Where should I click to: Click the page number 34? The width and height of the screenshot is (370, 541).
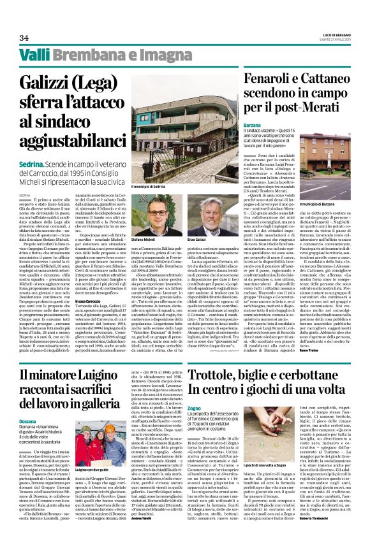coord(24,38)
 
